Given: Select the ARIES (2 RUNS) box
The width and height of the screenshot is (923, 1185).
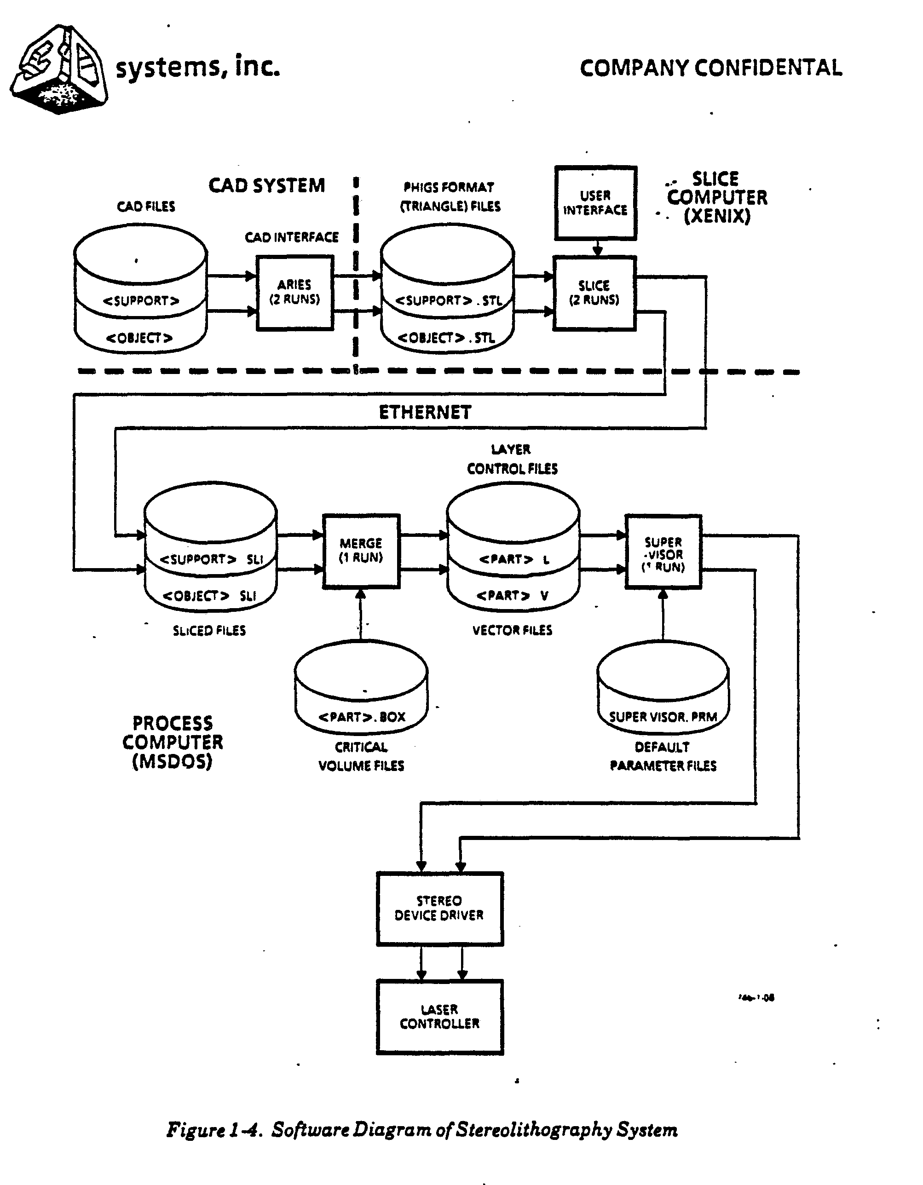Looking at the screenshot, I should coord(294,293).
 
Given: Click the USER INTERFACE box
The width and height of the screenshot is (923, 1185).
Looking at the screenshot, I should coord(595,203).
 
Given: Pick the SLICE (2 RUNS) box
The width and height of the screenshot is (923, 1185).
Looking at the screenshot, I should coord(594,293).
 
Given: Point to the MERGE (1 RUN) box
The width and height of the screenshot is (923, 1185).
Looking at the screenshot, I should coord(361,551).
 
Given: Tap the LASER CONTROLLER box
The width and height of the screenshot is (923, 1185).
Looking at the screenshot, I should coord(439,1017).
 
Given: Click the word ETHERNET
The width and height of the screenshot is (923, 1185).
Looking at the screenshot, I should coord(425,412).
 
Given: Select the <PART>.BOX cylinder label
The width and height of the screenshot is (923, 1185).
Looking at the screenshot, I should coord(361,717).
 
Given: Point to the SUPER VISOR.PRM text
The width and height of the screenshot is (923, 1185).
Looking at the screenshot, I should coord(663,717).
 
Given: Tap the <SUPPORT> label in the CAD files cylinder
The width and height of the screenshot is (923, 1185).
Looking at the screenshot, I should coord(141,300).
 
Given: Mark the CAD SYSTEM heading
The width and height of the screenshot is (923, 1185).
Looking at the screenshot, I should coord(267,185).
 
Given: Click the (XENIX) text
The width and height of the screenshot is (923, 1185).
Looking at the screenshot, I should coord(717,216).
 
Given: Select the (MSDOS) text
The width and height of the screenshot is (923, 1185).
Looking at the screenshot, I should coord(172,761).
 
